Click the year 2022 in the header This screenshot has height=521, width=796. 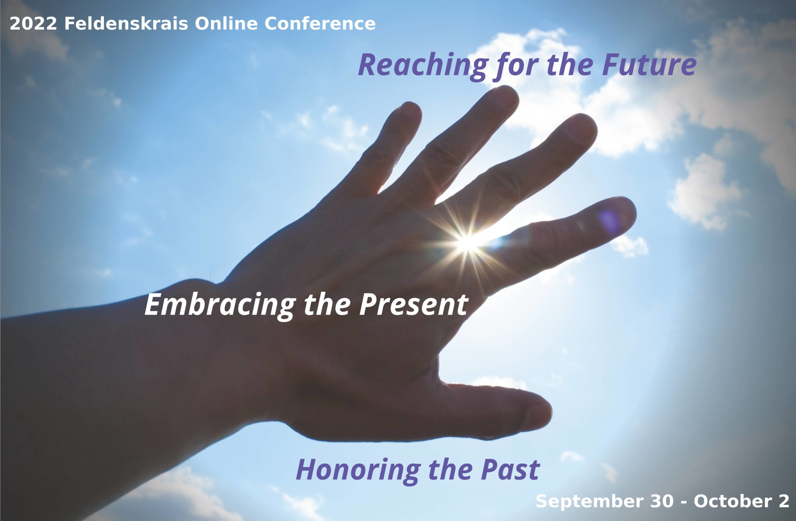pyautogui.click(x=33, y=24)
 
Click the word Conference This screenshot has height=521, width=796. pyautogui.click(x=320, y=24)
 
